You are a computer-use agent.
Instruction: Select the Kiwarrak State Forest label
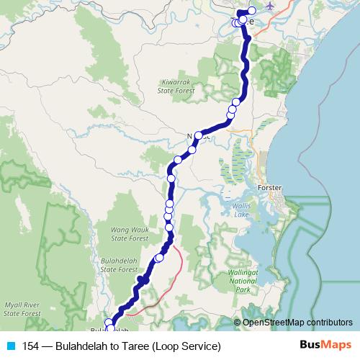[x=176, y=86]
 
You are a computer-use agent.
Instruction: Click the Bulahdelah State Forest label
[x=118, y=265]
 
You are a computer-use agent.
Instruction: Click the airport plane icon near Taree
[x=270, y=6]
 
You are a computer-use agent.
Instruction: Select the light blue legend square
[x=9, y=346]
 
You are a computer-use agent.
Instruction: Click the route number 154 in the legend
[x=32, y=346]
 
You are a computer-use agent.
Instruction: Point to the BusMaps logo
[x=324, y=346]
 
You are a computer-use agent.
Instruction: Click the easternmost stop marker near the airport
[x=252, y=10]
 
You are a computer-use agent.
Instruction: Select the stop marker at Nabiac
[x=198, y=135]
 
